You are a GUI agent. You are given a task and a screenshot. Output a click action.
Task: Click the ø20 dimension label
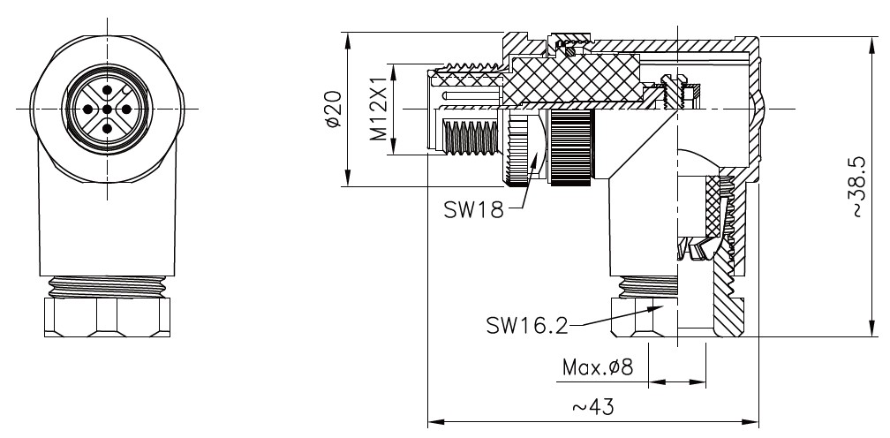[335, 109]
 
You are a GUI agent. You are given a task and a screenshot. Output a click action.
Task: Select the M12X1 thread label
[378, 109]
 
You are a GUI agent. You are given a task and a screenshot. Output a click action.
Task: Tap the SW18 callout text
[473, 210]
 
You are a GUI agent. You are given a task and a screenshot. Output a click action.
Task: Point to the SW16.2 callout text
[527, 325]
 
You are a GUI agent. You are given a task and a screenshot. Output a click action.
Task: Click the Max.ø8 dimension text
[597, 367]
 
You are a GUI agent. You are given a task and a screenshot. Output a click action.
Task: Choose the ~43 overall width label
[592, 407]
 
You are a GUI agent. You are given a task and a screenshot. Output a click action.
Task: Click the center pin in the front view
[107, 109]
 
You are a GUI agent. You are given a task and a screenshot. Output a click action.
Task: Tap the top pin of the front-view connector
[107, 89]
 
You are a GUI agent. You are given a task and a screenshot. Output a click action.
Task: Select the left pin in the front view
[87, 109]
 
